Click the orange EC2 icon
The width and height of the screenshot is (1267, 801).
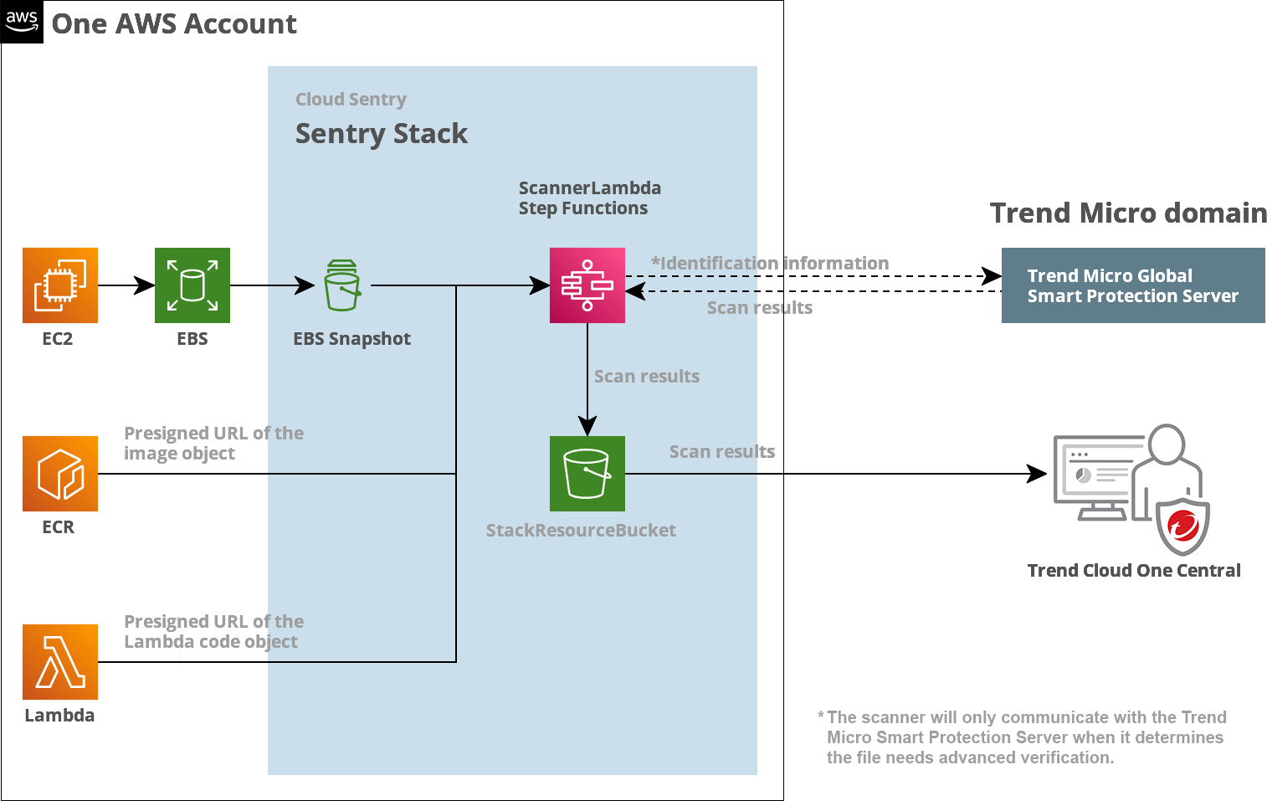pyautogui.click(x=60, y=285)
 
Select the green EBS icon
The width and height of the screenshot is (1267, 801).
pyautogui.click(x=192, y=285)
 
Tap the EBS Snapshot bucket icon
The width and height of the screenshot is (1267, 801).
pyautogui.click(x=342, y=285)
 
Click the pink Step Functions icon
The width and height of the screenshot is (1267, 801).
pyautogui.click(x=587, y=285)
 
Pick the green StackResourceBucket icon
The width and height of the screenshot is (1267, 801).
pyautogui.click(x=587, y=474)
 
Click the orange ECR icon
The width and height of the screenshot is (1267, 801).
pyautogui.click(x=60, y=474)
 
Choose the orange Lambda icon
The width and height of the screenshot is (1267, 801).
pyautogui.click(x=60, y=662)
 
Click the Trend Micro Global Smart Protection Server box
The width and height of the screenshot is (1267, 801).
pyautogui.click(x=1133, y=285)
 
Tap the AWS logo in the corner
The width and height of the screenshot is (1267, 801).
pyautogui.click(x=22, y=22)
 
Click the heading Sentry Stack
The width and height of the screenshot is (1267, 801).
pyautogui.click(x=382, y=134)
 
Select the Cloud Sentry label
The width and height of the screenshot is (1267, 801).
pyautogui.click(x=351, y=100)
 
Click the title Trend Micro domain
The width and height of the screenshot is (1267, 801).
pyautogui.click(x=1128, y=213)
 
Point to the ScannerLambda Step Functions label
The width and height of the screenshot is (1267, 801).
pyautogui.click(x=589, y=198)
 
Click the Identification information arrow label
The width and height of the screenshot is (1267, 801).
pyautogui.click(x=770, y=264)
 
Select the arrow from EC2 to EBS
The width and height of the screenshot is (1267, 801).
pyautogui.click(x=126, y=285)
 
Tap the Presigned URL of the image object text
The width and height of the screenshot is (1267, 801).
pyautogui.click(x=213, y=444)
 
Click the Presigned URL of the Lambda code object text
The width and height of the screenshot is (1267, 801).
pyautogui.click(x=213, y=632)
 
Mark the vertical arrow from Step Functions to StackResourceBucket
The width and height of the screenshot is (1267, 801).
pyautogui.click(x=587, y=377)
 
